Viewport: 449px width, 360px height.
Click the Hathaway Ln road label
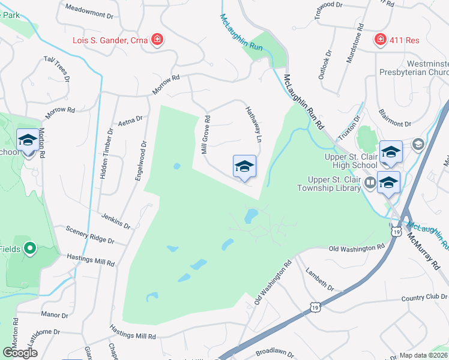pyautogui.click(x=253, y=124)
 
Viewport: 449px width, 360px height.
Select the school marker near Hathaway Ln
pyautogui.click(x=244, y=166)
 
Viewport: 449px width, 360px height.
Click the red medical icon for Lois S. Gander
pyautogui.click(x=157, y=40)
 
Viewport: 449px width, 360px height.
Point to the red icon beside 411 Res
pyautogui.click(x=379, y=40)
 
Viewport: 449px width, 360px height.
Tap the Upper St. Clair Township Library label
pyautogui.click(x=329, y=184)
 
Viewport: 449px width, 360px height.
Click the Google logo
pyautogui.click(x=20, y=352)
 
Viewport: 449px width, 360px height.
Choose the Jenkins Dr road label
pyautogui.click(x=116, y=221)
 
